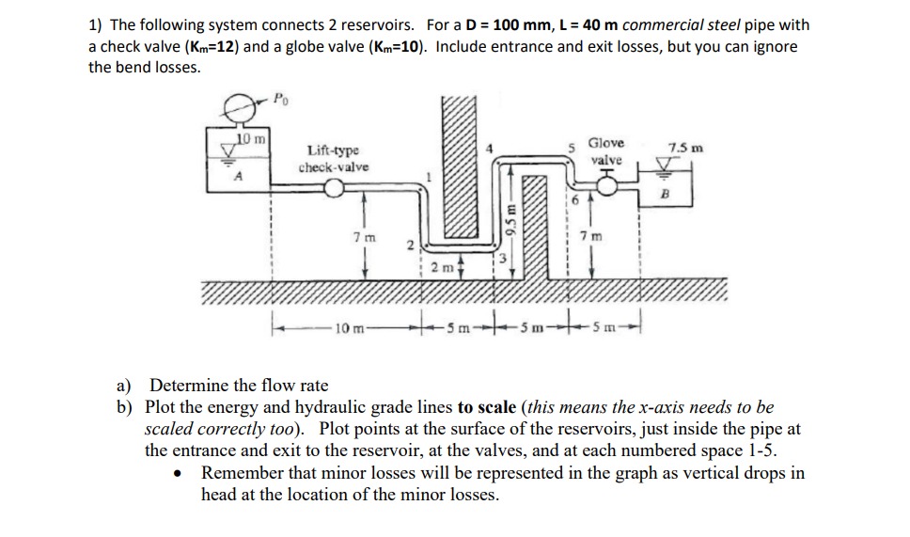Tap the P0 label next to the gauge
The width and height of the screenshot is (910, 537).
click(280, 96)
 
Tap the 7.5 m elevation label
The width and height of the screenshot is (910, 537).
click(684, 148)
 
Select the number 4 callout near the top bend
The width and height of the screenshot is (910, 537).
click(488, 147)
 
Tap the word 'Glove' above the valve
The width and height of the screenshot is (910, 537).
click(605, 143)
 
